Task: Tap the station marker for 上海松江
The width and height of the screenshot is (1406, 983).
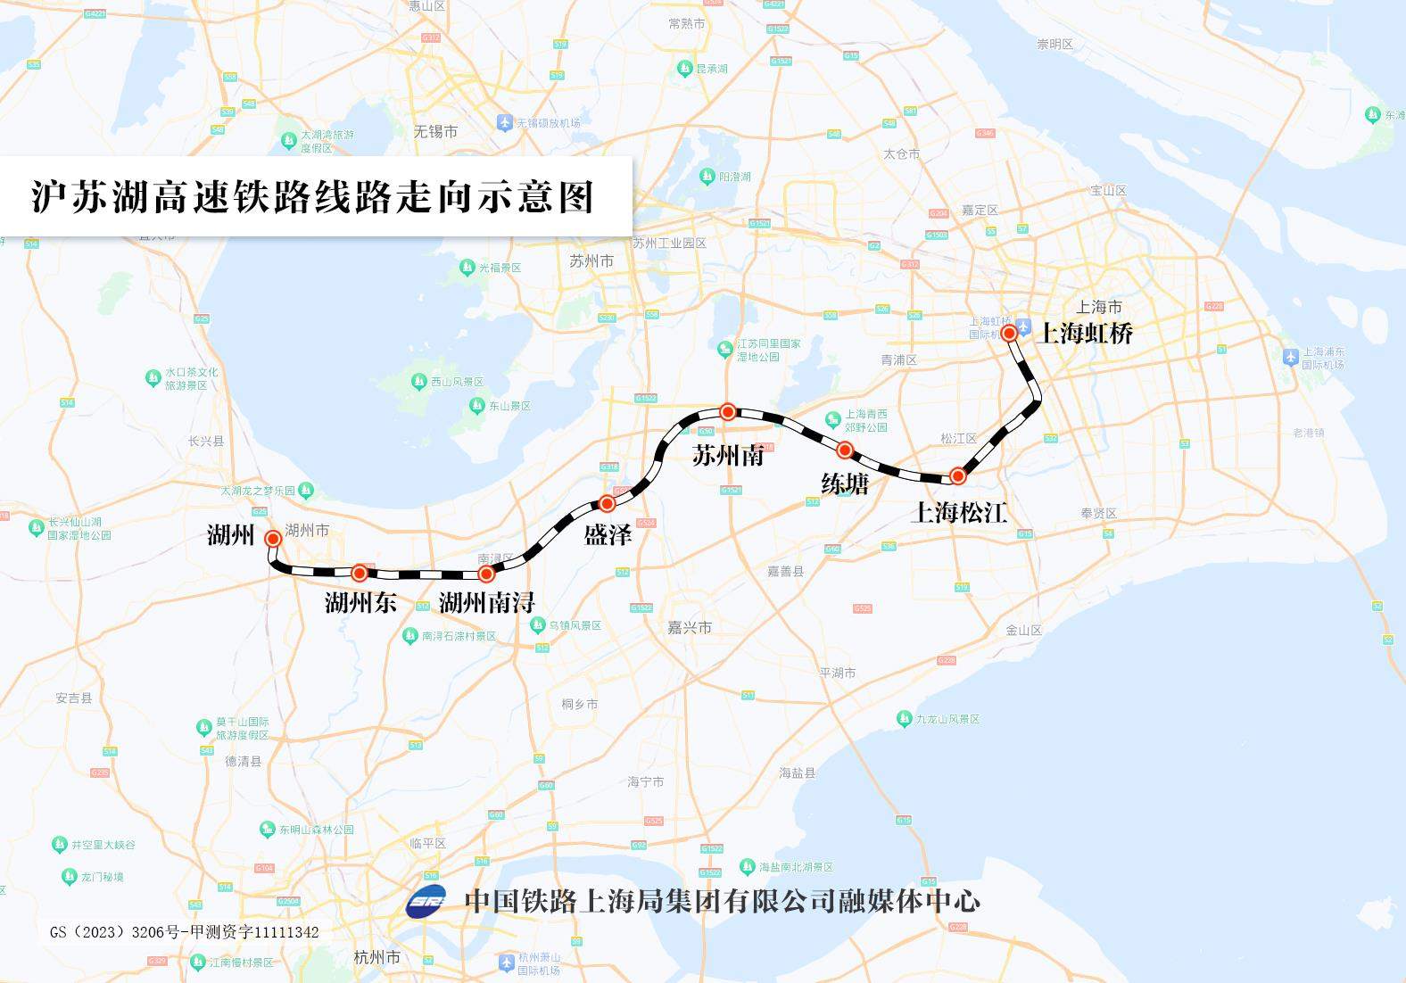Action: tap(957, 476)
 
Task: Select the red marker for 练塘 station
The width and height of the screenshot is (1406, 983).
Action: tap(845, 450)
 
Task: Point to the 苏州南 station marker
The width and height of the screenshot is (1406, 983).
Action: tap(728, 412)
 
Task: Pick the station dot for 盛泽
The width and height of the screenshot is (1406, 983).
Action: tap(607, 503)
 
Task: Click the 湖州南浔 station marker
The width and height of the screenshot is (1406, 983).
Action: tap(486, 574)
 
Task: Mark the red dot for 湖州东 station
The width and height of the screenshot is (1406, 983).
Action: tap(360, 572)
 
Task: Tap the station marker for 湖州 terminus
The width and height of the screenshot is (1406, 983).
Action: tap(273, 539)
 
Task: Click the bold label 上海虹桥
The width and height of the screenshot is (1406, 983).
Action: tap(1087, 334)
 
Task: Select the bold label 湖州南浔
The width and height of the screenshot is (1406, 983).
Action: tap(486, 603)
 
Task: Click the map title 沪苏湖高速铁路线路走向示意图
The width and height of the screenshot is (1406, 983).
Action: tap(312, 197)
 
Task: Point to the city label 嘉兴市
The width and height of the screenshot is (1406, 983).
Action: tap(690, 628)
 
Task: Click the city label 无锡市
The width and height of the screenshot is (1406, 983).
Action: tap(435, 132)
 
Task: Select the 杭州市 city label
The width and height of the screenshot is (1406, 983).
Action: tap(376, 958)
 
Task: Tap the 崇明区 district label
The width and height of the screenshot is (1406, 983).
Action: tap(1054, 45)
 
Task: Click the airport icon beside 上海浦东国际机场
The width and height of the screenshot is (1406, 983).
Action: tap(1290, 357)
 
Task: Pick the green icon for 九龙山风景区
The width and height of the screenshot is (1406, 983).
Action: tap(904, 719)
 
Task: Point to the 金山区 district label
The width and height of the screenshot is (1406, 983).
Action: tap(1023, 630)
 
